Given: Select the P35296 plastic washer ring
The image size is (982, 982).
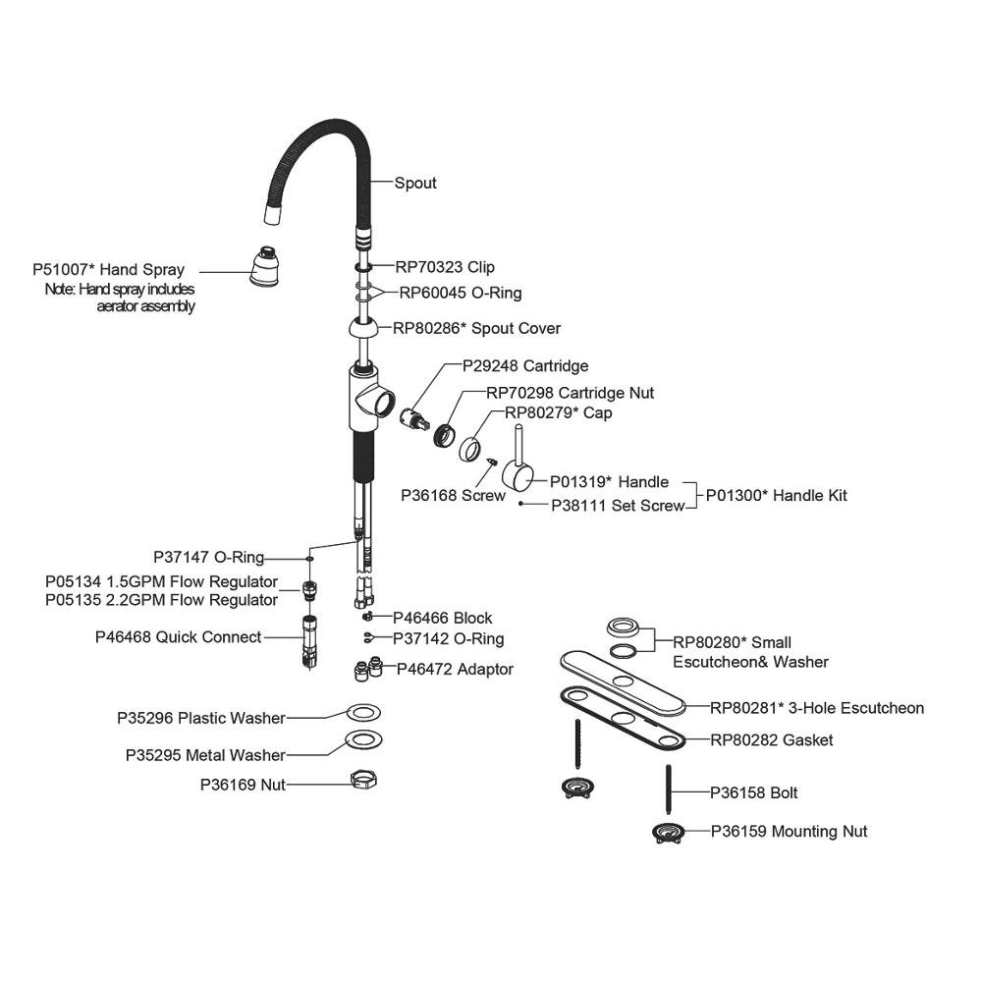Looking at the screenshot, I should coord(362,713).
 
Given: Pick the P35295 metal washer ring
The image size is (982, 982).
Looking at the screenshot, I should coord(362,739).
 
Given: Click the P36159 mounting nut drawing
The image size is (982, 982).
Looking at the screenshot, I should coord(668,833).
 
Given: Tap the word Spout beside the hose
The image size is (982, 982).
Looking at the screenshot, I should coord(415,183).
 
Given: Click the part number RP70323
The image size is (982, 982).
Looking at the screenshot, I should coord(429,266).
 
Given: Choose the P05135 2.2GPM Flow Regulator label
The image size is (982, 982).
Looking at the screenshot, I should coord(161,599).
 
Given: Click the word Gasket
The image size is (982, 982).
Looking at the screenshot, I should coord(807,739).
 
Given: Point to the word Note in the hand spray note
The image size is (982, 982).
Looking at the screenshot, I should coord(60,290).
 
